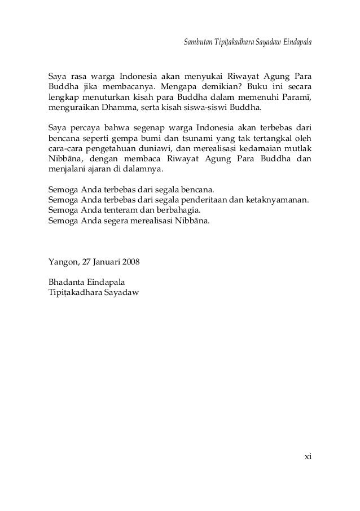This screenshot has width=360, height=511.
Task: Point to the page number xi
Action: (307, 456)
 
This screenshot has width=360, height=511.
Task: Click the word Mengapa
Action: (178, 87)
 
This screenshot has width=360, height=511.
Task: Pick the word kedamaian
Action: (254, 148)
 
